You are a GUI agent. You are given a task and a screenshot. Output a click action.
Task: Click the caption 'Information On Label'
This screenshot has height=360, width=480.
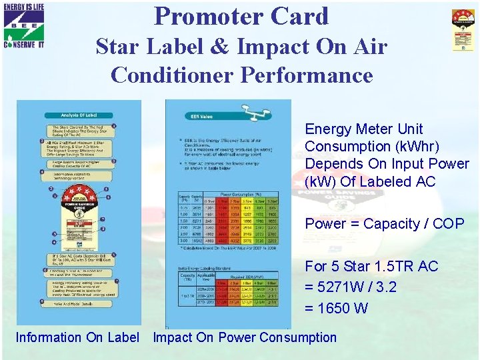[x=77, y=337]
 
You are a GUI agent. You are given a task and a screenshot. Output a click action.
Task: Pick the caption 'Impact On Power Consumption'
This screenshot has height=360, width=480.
[x=245, y=337]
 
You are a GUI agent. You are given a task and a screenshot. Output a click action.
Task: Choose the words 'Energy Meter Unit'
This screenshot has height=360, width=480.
[x=363, y=129]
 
